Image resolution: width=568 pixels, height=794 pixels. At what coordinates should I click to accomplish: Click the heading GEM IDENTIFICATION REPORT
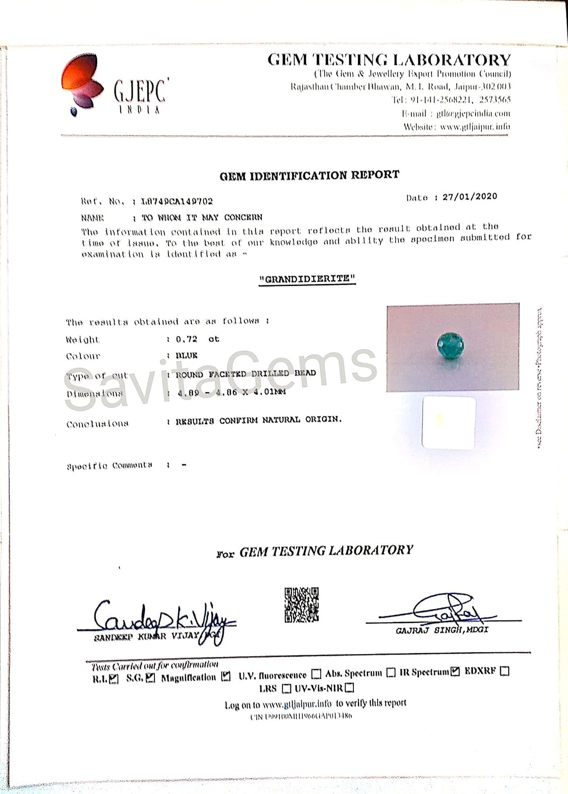pyautogui.click(x=309, y=175)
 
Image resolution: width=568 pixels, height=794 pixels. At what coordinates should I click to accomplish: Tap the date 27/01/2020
pyautogui.click(x=470, y=196)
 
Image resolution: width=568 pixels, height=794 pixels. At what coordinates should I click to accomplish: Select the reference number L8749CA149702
pyautogui.click(x=177, y=201)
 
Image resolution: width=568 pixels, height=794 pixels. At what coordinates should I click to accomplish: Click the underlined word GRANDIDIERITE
pyautogui.click(x=307, y=278)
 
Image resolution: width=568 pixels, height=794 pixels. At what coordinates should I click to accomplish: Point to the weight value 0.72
pyautogui.click(x=186, y=339)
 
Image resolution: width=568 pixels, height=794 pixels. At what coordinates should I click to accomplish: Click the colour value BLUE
pyautogui.click(x=186, y=356)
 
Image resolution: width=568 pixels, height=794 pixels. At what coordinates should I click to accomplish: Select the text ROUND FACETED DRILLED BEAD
pyautogui.click(x=245, y=374)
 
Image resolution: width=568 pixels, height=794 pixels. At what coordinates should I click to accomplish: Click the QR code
pyautogui.click(x=301, y=604)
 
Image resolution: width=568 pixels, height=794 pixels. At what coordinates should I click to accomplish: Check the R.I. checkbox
pyautogui.click(x=114, y=679)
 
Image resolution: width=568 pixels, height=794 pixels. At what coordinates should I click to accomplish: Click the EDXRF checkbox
pyautogui.click(x=505, y=671)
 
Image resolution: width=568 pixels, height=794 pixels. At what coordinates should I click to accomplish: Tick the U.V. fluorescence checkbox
pyautogui.click(x=316, y=674)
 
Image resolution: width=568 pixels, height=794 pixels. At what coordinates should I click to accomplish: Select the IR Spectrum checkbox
pyautogui.click(x=454, y=672)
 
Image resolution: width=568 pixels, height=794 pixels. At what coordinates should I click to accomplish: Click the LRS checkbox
pyautogui.click(x=286, y=689)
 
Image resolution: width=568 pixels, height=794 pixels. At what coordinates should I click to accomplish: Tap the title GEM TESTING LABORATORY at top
pyautogui.click(x=389, y=59)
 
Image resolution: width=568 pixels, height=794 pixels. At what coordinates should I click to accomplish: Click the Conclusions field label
pyautogui.click(x=97, y=424)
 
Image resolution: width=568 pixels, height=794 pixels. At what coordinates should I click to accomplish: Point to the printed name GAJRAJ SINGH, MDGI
pyautogui.click(x=442, y=630)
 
